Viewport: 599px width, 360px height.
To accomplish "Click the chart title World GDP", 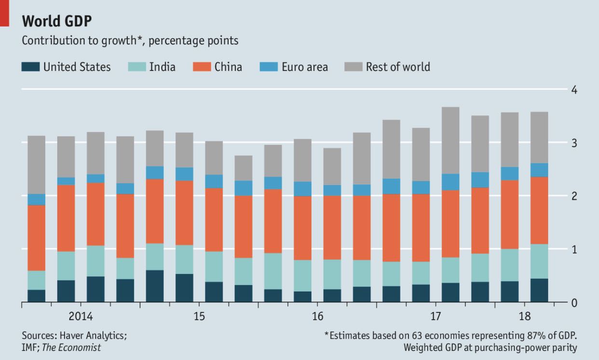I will pos(56,21).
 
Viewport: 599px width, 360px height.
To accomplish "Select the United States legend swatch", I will pos(30,67).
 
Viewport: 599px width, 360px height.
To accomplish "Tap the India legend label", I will pos(162,67).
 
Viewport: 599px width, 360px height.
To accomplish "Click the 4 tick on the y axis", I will pos(574,90).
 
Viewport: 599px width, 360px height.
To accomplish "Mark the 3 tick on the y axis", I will pos(574,143).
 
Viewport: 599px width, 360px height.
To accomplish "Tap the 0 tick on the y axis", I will pos(574,303).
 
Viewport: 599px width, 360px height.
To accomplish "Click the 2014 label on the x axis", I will pos(81,317).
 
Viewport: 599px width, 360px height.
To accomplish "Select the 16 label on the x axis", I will pos(317,317).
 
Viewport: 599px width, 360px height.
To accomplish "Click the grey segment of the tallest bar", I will pos(450,140).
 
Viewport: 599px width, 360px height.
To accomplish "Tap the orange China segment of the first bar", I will pos(36,238).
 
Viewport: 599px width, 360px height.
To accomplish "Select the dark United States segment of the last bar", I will pos(539,291).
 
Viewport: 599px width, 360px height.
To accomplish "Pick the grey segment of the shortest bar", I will pos(244,168).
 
